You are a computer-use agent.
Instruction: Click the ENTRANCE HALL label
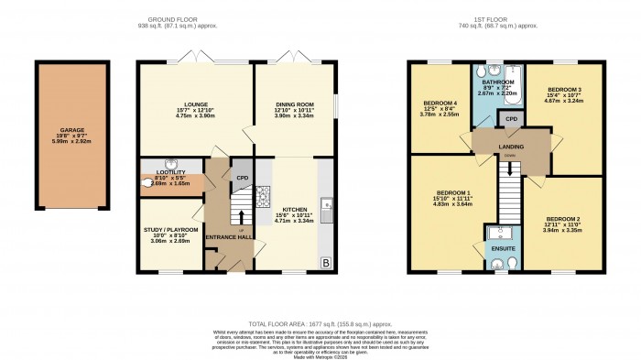(x=230, y=238)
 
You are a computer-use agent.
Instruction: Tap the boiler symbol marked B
(x=327, y=264)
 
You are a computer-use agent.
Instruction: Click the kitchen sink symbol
(x=326, y=203)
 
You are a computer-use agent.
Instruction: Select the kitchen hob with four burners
(x=262, y=193)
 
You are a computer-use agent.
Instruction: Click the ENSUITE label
(x=503, y=248)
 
